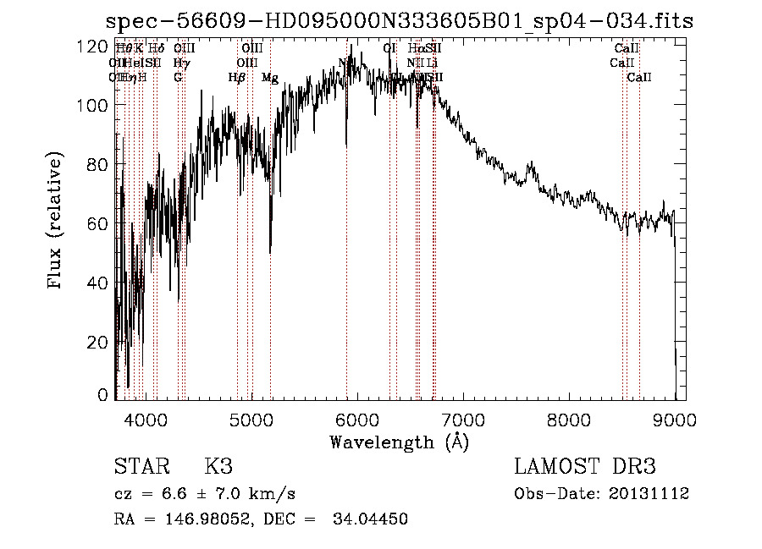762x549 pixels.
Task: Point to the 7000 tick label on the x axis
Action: pos(462,417)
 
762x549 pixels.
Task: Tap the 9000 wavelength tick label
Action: pos(675,417)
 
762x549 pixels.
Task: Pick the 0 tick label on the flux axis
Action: pos(103,394)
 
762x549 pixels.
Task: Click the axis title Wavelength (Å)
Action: pos(399,442)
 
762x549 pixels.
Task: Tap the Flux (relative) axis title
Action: pos(57,222)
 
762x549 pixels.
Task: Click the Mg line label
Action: pos(270,78)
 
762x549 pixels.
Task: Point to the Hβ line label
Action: pos(237,78)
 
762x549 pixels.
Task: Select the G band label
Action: pos(178,78)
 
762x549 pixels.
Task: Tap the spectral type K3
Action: pos(218,467)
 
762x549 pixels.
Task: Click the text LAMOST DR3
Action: pos(585,467)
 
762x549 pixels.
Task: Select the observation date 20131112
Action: pos(650,493)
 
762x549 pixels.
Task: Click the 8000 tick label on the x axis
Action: pos(569,417)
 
